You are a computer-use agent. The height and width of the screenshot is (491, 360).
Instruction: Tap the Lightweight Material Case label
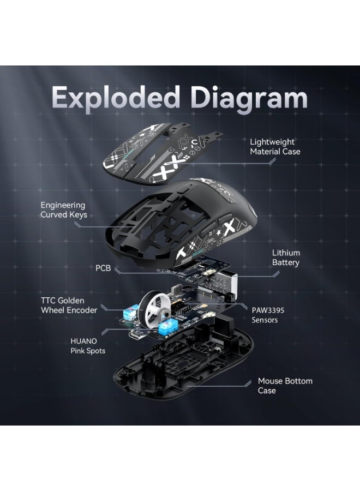275,147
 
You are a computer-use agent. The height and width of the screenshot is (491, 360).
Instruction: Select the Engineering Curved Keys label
64,210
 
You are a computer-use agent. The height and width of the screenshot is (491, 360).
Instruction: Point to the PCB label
103,268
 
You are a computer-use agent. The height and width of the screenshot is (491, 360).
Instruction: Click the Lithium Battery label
285,258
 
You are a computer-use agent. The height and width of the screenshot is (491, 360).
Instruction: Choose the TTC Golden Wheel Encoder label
69,306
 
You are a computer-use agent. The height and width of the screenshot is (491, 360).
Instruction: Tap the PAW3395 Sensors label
268,315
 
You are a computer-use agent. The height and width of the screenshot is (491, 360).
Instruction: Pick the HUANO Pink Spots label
88,346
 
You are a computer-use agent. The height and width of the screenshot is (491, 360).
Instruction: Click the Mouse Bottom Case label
285,386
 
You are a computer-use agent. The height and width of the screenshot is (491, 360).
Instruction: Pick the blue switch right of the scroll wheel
168,327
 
